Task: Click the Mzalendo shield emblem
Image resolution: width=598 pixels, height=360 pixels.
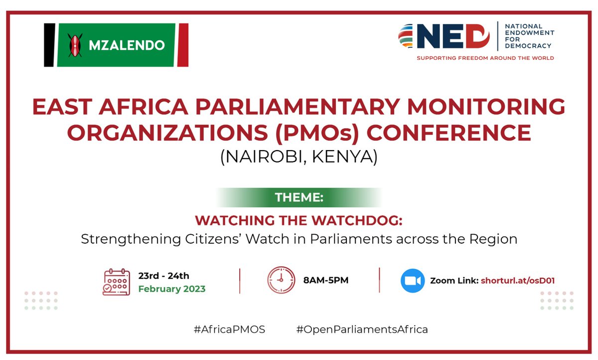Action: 74,45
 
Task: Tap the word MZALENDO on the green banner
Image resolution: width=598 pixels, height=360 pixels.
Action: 126,45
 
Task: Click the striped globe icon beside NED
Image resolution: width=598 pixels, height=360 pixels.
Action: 410,36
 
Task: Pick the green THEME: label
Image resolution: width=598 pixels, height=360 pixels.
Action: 299,197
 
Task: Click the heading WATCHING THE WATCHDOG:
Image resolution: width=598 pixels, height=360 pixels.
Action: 299,220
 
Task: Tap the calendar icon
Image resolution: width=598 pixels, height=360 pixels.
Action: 116,282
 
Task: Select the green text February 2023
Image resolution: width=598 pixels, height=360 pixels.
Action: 171,289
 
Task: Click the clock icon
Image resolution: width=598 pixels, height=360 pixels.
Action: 281,280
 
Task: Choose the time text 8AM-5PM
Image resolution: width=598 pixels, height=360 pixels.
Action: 325,280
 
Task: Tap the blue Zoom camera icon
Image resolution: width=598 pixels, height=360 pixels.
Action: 413,281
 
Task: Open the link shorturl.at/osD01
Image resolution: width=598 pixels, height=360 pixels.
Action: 518,281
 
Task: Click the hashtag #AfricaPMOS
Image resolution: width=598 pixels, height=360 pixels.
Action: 230,329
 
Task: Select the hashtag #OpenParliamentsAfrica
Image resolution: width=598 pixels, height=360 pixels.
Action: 362,329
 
